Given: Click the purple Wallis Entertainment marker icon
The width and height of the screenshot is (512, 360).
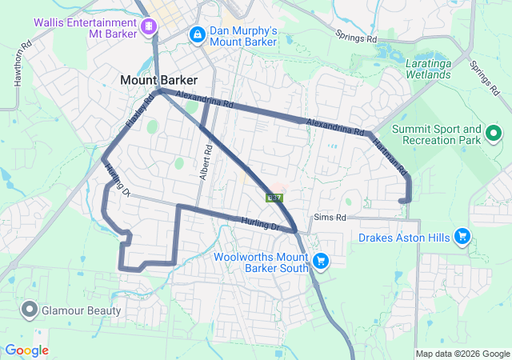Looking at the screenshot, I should click(x=148, y=27).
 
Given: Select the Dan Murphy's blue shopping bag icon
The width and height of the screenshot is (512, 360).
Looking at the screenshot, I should click(x=197, y=35).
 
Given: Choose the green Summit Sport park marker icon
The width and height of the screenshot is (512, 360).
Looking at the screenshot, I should click(x=494, y=134).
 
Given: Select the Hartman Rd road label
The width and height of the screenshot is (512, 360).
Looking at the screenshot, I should click(x=390, y=158).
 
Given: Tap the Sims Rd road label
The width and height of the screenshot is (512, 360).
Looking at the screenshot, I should click(x=330, y=217).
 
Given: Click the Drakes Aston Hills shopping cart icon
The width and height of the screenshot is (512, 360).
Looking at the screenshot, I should click(x=462, y=236).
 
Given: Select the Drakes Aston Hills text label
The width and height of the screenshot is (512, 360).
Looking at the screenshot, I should click(x=404, y=237).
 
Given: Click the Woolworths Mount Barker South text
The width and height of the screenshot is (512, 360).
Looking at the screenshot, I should click(x=262, y=263).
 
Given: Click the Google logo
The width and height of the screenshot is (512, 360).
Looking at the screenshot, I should click(x=26, y=350).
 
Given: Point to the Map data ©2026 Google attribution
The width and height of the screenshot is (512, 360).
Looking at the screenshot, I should click(x=461, y=354).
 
